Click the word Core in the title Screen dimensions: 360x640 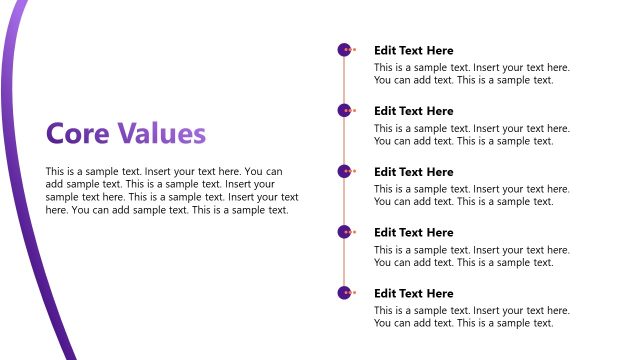(78, 134)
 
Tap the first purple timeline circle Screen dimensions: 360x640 (344, 49)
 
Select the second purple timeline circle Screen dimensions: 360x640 (344, 110)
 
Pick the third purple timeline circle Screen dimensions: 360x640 (344, 171)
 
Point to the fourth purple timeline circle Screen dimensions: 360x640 (344, 232)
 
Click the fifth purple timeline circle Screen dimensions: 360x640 (344, 293)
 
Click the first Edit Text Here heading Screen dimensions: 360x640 (413, 50)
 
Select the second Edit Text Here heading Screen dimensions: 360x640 (413, 111)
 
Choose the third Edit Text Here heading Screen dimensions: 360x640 (413, 172)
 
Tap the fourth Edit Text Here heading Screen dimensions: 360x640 (413, 233)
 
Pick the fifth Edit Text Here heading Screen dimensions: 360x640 (413, 294)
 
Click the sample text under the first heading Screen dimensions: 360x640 (471, 74)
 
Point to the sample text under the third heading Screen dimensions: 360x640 (471, 196)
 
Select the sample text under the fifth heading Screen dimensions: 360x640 (471, 317)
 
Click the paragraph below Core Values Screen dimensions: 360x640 (172, 191)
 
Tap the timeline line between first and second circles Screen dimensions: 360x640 (344, 80)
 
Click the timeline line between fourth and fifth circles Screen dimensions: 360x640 (344, 263)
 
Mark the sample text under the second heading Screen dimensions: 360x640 (471, 135)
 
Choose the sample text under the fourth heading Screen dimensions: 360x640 (471, 257)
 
